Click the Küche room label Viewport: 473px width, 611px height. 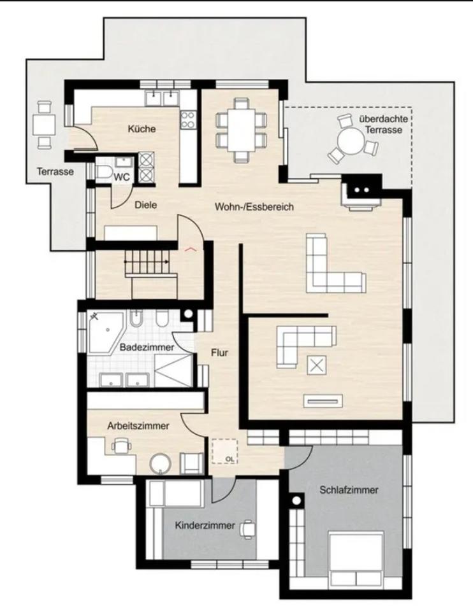coord(142,129)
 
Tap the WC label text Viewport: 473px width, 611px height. coord(121,178)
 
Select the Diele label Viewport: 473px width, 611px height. coord(145,205)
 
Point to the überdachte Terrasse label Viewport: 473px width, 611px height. coord(383,124)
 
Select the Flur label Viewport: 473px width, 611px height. coord(219,353)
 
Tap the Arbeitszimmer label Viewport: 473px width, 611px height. coord(138,426)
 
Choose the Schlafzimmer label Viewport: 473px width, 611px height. coord(349,490)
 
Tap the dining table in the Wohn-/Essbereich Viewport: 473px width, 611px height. coord(242,129)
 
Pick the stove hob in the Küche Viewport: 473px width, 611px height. coord(189,119)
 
